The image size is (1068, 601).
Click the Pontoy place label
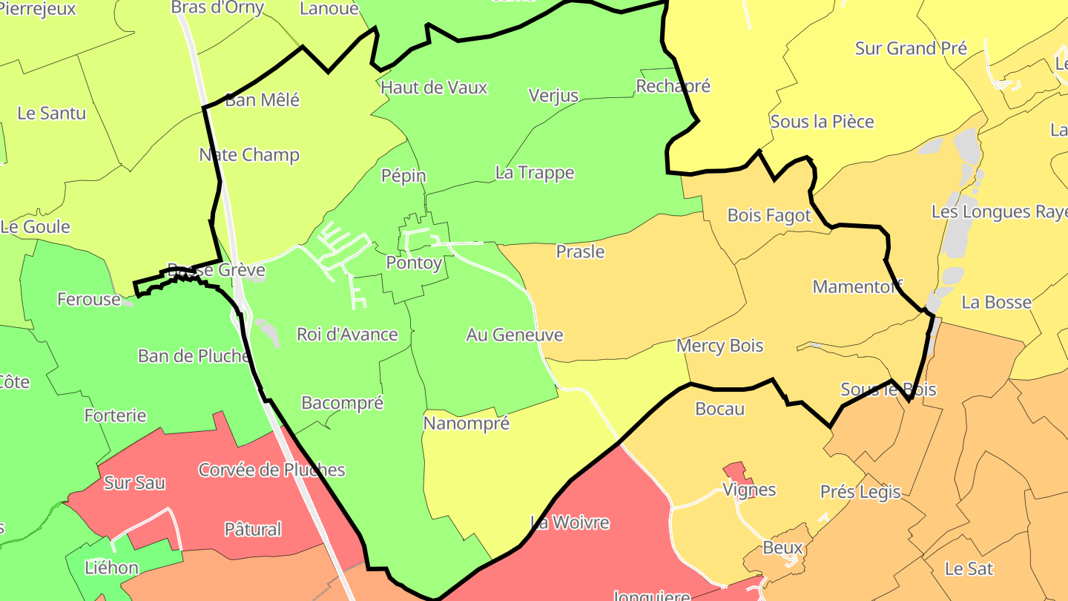[414, 263]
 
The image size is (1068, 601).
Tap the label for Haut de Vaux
[434, 88]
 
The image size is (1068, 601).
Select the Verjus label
[553, 95]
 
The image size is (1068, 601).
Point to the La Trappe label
[535, 173]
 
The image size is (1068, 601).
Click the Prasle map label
[580, 252]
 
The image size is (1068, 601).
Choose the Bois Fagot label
[769, 215]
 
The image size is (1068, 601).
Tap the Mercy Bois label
[719, 346]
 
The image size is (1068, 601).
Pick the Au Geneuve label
[514, 335]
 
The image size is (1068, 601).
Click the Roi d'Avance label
[347, 334]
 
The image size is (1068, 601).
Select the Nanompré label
[466, 424]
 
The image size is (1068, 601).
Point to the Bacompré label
[342, 403]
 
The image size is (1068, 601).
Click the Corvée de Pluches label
[271, 470]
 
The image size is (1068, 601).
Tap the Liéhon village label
[111, 568]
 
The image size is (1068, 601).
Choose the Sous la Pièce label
[822, 122]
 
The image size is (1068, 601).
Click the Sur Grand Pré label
[911, 48]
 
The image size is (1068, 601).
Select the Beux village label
[782, 548]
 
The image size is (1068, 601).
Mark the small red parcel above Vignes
[734, 470]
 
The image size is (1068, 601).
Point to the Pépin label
[403, 176]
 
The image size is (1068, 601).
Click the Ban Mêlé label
[262, 100]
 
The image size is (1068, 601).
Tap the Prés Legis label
[860, 491]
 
